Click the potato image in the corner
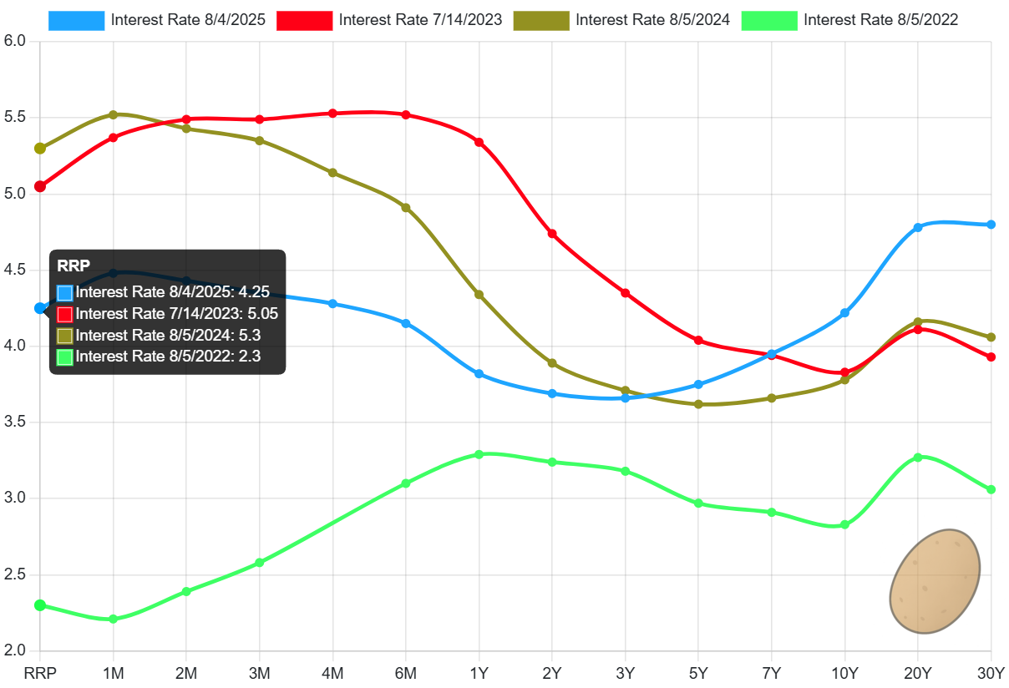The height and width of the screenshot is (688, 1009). pos(934,582)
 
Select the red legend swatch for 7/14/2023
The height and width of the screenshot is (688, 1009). pos(305,20)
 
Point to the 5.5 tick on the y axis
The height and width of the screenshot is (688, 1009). pos(14,117)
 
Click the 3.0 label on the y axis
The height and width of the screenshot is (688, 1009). pos(14,498)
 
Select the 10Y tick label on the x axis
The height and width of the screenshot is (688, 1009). pos(844,673)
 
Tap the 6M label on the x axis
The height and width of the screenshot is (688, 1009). pos(406,673)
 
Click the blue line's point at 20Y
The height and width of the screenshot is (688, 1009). pos(918,227)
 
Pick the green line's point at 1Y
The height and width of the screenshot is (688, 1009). pos(479,454)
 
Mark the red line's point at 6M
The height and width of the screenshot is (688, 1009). pos(406,114)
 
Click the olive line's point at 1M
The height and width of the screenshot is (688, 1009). pos(114,114)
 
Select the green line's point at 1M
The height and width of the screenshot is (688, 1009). pos(114,619)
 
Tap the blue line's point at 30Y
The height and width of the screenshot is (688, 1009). pos(991,225)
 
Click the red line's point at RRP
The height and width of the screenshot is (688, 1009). pos(39,186)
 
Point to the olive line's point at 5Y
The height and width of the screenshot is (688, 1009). pos(698,404)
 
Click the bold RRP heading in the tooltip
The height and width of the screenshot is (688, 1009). pos(74,266)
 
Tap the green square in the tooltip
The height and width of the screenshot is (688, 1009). pos(65,357)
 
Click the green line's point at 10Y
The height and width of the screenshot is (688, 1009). pos(844,525)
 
